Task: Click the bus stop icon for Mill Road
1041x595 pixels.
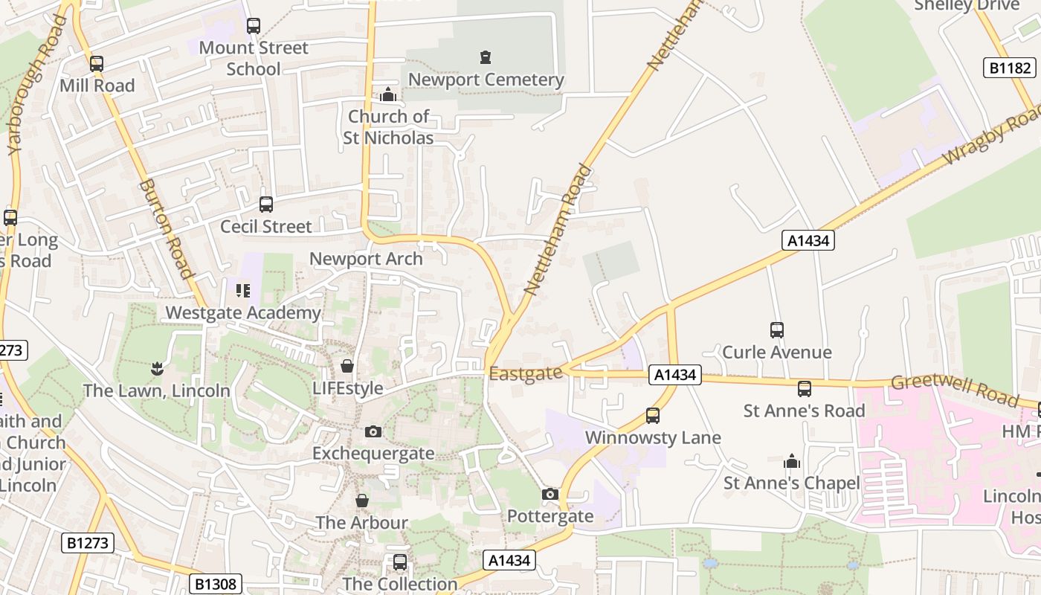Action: [x=97, y=64]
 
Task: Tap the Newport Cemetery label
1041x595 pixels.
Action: [x=486, y=80]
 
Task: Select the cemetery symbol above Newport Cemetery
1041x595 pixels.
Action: [x=486, y=57]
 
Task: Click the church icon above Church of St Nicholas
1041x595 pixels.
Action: [x=387, y=95]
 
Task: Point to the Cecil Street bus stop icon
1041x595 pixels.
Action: [x=265, y=204]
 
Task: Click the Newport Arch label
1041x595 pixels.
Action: [x=366, y=259]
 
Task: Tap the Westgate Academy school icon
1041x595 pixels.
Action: [x=243, y=290]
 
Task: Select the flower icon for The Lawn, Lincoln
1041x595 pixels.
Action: [x=157, y=367]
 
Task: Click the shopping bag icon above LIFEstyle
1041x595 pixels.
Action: [x=347, y=366]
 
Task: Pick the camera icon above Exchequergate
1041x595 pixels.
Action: [x=373, y=431]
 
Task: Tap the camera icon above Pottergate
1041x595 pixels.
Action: [x=550, y=494]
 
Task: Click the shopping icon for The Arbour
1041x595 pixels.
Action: [x=362, y=501]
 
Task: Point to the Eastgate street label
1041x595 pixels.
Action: [x=526, y=373]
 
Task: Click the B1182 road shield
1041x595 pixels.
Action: [x=1011, y=68]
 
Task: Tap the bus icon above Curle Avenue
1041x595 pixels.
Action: [x=777, y=329]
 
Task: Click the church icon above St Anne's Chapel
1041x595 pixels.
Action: [x=792, y=462]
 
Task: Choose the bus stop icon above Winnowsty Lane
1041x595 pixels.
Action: [x=653, y=416]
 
